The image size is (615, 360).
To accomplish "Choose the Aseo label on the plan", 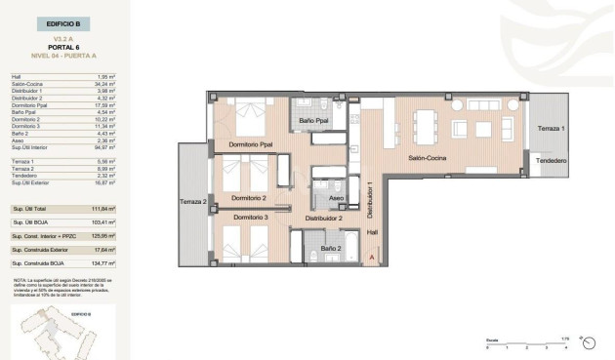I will point(336,198).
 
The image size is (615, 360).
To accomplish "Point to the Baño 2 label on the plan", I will point(330,249).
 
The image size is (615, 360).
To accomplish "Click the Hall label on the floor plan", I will point(372,232).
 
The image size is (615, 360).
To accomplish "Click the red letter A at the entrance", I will point(372,257).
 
